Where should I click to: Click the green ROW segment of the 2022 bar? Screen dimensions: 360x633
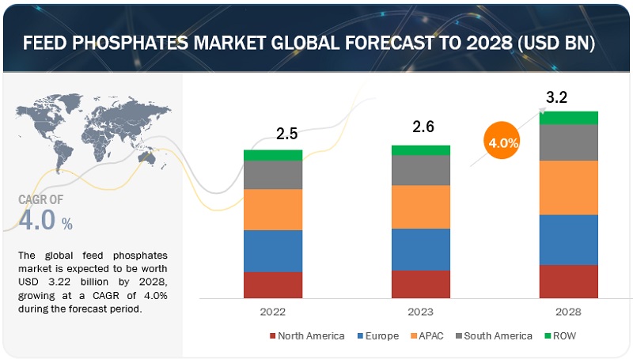pos(273,155)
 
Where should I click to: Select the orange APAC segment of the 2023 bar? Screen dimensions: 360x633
pos(421,207)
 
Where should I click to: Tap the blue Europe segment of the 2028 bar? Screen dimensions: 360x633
pos(568,239)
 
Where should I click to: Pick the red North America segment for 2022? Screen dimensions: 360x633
pos(273,284)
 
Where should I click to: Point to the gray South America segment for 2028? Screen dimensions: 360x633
pos(568,142)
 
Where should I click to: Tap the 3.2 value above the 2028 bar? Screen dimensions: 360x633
pos(556,98)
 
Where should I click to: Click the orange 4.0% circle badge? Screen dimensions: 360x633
pos(503,143)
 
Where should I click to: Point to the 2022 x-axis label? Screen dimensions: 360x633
pos(271,312)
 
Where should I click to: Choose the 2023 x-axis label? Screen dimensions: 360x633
pos(420,312)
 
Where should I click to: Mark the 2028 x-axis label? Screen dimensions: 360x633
pos(568,312)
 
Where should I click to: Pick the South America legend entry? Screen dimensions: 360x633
pos(497,335)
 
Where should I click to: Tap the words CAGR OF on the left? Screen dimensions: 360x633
pos(42,200)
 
